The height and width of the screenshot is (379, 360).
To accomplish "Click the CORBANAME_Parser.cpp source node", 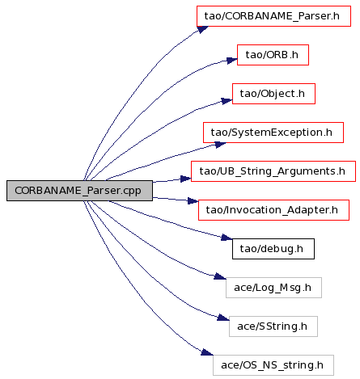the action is click(x=79, y=191).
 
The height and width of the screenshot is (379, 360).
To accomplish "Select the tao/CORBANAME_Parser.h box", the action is click(x=273, y=16).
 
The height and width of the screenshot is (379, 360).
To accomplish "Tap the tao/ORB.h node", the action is click(x=273, y=55).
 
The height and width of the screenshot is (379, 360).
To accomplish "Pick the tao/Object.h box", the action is click(x=273, y=94).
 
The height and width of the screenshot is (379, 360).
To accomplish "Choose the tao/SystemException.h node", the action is click(x=273, y=133).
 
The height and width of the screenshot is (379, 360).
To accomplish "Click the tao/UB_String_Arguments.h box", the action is click(x=273, y=171).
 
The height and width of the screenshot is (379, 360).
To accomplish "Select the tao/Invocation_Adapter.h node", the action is click(x=273, y=210).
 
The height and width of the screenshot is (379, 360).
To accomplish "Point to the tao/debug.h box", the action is click(x=273, y=249).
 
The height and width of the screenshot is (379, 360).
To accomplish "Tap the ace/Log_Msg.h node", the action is click(x=273, y=288).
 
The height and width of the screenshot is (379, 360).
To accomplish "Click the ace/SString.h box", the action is click(x=273, y=326).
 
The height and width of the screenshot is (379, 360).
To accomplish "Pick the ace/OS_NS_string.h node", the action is click(x=273, y=365).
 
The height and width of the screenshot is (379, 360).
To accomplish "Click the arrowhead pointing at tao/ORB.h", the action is click(x=232, y=61).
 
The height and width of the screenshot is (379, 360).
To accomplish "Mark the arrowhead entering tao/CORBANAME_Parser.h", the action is click(x=203, y=29).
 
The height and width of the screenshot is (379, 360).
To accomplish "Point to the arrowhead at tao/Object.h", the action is click(x=227, y=101).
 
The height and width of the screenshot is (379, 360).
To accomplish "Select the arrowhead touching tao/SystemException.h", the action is click(x=221, y=145).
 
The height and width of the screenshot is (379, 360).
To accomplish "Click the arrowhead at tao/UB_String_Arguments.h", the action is click(x=186, y=179).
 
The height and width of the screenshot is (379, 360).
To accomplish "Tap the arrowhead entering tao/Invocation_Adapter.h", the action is click(x=193, y=201).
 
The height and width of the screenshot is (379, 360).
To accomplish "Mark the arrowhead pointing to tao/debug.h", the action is click(x=227, y=238).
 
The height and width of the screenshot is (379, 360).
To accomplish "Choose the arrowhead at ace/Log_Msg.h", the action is click(x=220, y=276).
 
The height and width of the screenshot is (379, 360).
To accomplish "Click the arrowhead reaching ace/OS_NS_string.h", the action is click(x=207, y=352).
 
